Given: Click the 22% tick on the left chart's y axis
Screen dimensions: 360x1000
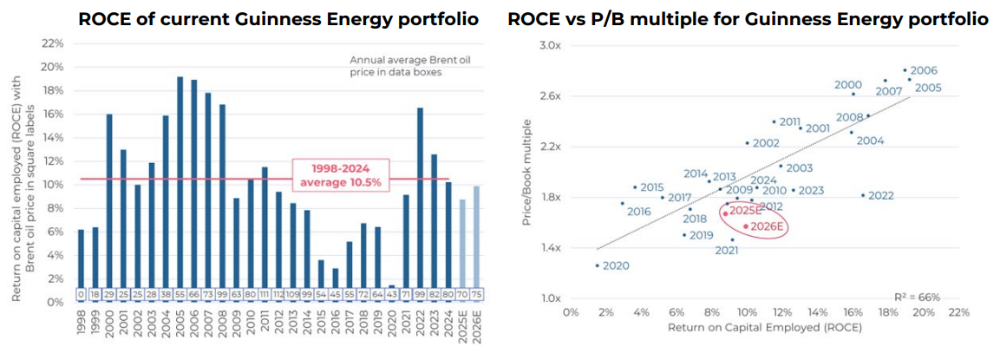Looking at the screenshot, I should pos(53,43).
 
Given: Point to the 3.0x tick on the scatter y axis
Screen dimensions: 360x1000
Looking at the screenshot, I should pos(550,44).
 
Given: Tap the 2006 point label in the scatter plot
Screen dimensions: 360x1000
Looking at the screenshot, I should pos(924,70).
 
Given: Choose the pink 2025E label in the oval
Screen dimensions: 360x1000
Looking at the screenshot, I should pos(744,210).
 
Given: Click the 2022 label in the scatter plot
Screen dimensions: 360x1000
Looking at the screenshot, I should pos(880,195).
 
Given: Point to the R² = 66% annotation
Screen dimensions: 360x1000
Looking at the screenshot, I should pos(917,297).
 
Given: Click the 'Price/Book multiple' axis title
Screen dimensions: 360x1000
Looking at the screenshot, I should pos(528,173).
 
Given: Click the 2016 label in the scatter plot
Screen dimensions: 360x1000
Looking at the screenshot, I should pos(638,212).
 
